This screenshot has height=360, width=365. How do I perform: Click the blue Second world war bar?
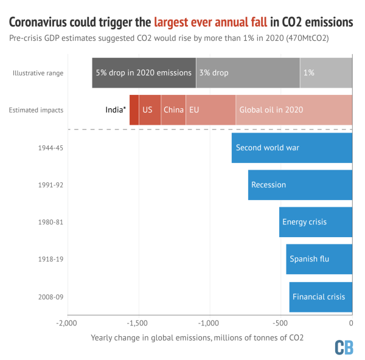(292, 148)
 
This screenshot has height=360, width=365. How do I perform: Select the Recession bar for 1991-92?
(301, 185)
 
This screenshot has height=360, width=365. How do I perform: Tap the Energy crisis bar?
(316, 222)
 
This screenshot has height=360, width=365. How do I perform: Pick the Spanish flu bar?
(319, 259)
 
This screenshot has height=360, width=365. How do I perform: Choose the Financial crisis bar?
(321, 297)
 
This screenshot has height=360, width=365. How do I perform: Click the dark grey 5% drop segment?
(144, 72)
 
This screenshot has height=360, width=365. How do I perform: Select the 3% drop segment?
(248, 72)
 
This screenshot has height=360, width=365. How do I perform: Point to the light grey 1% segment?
(326, 72)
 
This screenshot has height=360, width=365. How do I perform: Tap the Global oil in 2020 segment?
(294, 110)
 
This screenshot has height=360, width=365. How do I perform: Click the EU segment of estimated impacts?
(210, 110)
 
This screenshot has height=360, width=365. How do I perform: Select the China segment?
(173, 110)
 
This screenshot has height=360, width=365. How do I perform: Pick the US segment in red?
(150, 110)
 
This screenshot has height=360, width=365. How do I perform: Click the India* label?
(116, 110)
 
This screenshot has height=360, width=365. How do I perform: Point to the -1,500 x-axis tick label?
(138, 323)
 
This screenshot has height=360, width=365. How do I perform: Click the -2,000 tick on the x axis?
(67, 323)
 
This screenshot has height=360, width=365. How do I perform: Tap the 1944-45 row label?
(51, 148)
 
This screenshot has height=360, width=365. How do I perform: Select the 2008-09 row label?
(51, 297)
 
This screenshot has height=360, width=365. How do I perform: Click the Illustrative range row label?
(38, 73)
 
